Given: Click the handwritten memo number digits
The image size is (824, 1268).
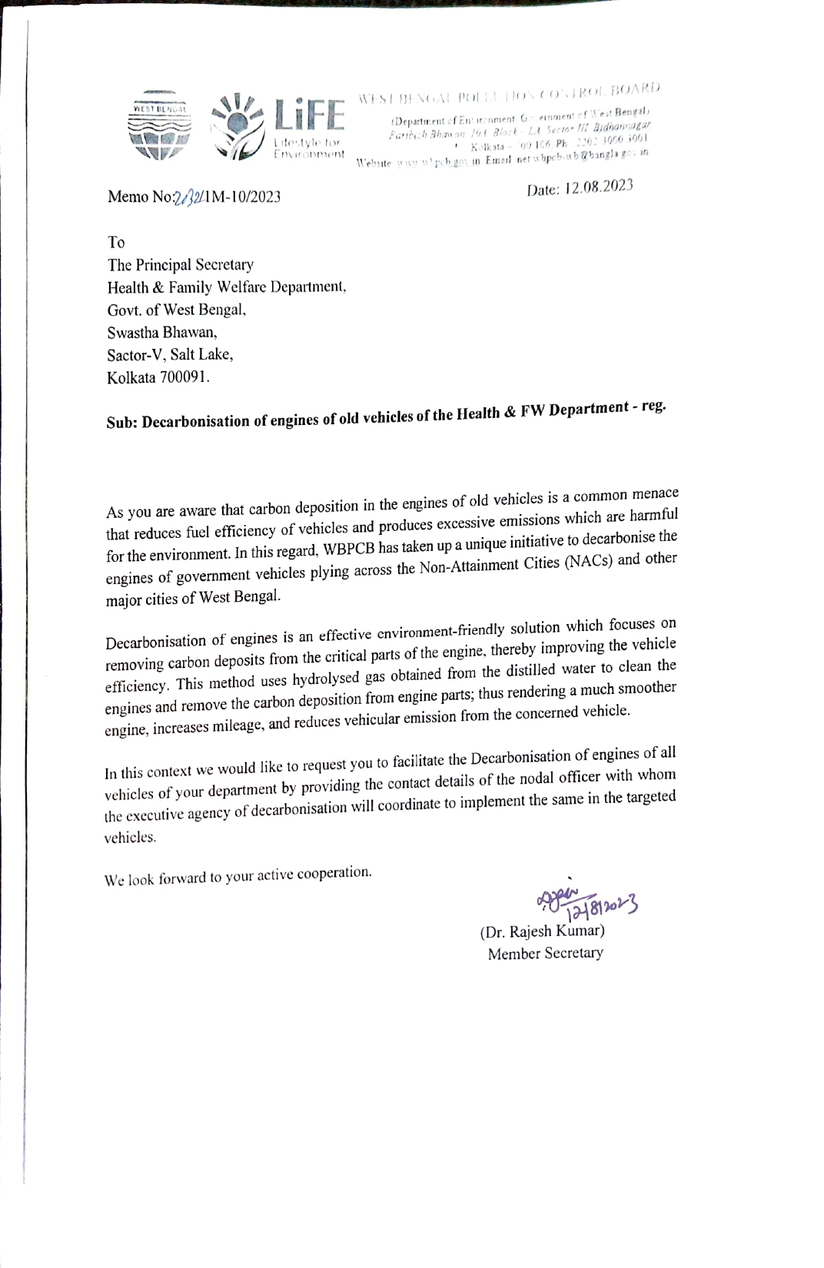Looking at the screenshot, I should tap(189, 197).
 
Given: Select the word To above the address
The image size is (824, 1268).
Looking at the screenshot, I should tap(116, 243).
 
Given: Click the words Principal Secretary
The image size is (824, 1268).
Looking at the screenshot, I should tap(194, 265).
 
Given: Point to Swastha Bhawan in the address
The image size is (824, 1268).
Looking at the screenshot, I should tap(162, 333).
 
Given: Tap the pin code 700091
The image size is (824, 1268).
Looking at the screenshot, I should tap(183, 377).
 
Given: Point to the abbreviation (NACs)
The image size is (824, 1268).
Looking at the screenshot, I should tap(589, 562).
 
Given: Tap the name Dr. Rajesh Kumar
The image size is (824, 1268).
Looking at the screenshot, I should tap(543, 931).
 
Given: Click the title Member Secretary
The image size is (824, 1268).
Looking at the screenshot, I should tap(545, 953).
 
